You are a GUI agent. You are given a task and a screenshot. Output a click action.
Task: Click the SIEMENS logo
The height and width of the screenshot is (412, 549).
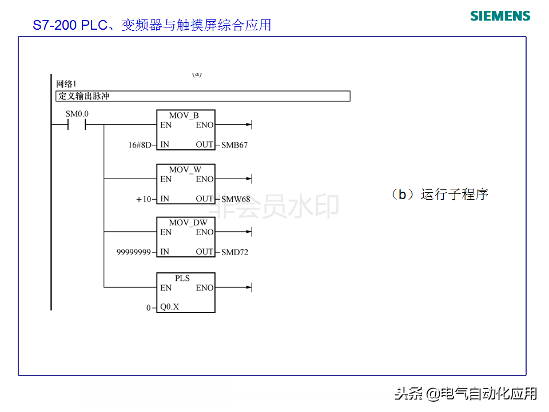tap(500, 15)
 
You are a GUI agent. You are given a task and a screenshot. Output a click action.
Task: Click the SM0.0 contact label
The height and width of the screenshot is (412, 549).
tap(77, 114)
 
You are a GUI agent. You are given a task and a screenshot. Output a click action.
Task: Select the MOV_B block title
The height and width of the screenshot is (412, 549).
tap(184, 116)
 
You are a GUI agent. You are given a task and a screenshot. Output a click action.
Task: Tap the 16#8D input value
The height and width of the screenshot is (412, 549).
tap(140, 145)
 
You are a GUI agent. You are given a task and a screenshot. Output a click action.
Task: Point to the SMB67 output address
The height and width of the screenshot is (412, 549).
tap(234, 145)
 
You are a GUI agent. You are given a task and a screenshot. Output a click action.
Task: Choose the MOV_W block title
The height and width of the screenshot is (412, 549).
tap(185, 170)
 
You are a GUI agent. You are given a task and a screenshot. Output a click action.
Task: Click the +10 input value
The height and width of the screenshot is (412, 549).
tap(144, 199)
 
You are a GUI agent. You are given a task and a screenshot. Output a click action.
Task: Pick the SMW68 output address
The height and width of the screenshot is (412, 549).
tap(236, 199)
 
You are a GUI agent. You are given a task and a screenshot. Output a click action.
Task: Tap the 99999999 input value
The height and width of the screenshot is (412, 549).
tap(134, 252)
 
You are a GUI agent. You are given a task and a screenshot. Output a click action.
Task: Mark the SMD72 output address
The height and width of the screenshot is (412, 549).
tap(234, 252)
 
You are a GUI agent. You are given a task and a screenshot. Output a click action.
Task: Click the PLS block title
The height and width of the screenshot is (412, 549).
tap(182, 278)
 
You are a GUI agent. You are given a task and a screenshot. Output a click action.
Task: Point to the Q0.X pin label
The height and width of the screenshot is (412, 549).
tap(169, 307)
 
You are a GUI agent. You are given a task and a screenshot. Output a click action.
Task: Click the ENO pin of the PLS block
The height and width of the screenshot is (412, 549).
tap(204, 288)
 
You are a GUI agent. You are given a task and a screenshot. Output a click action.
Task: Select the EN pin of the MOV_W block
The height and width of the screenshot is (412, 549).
tap(166, 179)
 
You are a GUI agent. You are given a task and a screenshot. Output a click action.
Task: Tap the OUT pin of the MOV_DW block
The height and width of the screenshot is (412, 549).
tap(204, 252)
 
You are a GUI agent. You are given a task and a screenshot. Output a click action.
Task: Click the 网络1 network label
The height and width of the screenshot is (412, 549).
tap(66, 84)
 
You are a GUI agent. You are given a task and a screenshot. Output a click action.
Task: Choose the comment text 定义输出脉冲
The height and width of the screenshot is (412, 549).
tap(83, 96)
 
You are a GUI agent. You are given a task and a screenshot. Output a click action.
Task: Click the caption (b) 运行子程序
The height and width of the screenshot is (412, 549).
tap(439, 195)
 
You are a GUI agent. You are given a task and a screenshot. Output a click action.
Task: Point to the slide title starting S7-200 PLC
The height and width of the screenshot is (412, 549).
tap(152, 25)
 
